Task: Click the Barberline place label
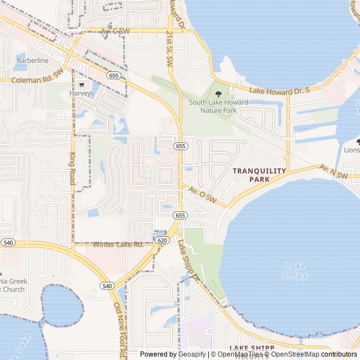[x=32, y=60]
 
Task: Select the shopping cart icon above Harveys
[x=82, y=84]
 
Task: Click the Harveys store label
[x=82, y=93]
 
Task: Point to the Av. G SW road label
[x=115, y=31]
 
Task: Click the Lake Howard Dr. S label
[x=280, y=91]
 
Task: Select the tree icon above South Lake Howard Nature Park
[x=218, y=94]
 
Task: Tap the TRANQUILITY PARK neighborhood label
[x=260, y=175]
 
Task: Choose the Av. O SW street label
[x=202, y=194]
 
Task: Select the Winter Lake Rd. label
[x=118, y=244]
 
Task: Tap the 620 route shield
[x=162, y=240]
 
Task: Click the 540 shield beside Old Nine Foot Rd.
[x=107, y=286]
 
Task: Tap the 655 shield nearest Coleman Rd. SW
[x=114, y=75]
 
